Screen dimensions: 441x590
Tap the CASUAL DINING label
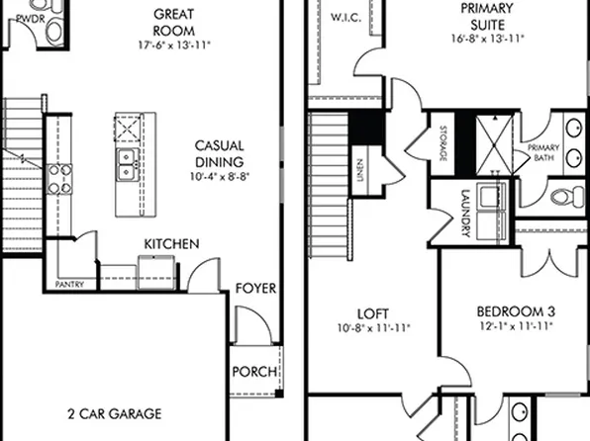(x=219, y=153)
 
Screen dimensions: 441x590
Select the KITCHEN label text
(x=171, y=243)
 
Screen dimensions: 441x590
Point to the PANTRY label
(x=70, y=285)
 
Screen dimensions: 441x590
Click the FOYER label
(x=255, y=289)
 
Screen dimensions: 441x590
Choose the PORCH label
(x=253, y=372)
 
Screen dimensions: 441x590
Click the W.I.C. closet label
(x=346, y=16)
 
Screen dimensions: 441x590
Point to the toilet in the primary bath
(x=567, y=192)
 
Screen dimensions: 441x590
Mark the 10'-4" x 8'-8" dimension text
(x=219, y=176)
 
